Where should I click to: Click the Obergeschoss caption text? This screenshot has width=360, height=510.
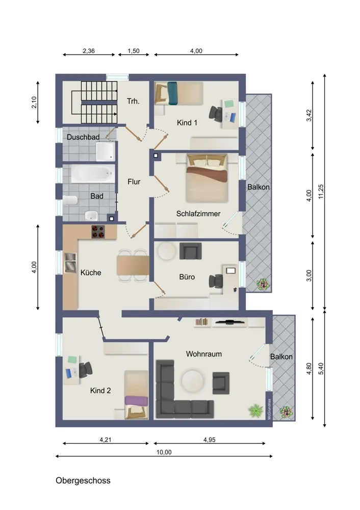[83, 481]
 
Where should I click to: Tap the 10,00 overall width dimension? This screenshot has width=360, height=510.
[164, 452]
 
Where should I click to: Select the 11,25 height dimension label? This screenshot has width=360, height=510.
[321, 192]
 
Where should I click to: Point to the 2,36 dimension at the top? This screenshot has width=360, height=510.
[89, 50]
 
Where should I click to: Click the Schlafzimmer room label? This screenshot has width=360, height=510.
[198, 214]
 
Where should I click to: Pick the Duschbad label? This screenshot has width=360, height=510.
[83, 137]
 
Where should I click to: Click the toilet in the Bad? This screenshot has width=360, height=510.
[70, 200]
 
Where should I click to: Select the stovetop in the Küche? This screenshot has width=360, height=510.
[98, 232]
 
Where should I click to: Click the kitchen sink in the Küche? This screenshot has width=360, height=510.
[70, 263]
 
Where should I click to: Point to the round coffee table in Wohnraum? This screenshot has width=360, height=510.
[193, 380]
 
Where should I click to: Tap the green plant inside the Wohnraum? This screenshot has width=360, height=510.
[255, 411]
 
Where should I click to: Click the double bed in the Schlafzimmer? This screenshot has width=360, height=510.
[207, 178]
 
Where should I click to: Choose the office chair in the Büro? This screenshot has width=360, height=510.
[216, 282]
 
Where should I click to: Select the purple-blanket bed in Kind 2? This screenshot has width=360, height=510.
[136, 395]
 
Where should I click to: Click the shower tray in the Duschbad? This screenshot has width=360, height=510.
[106, 151]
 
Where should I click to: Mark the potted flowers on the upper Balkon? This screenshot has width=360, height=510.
[263, 285]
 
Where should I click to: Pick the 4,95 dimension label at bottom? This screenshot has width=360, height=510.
[210, 440]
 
